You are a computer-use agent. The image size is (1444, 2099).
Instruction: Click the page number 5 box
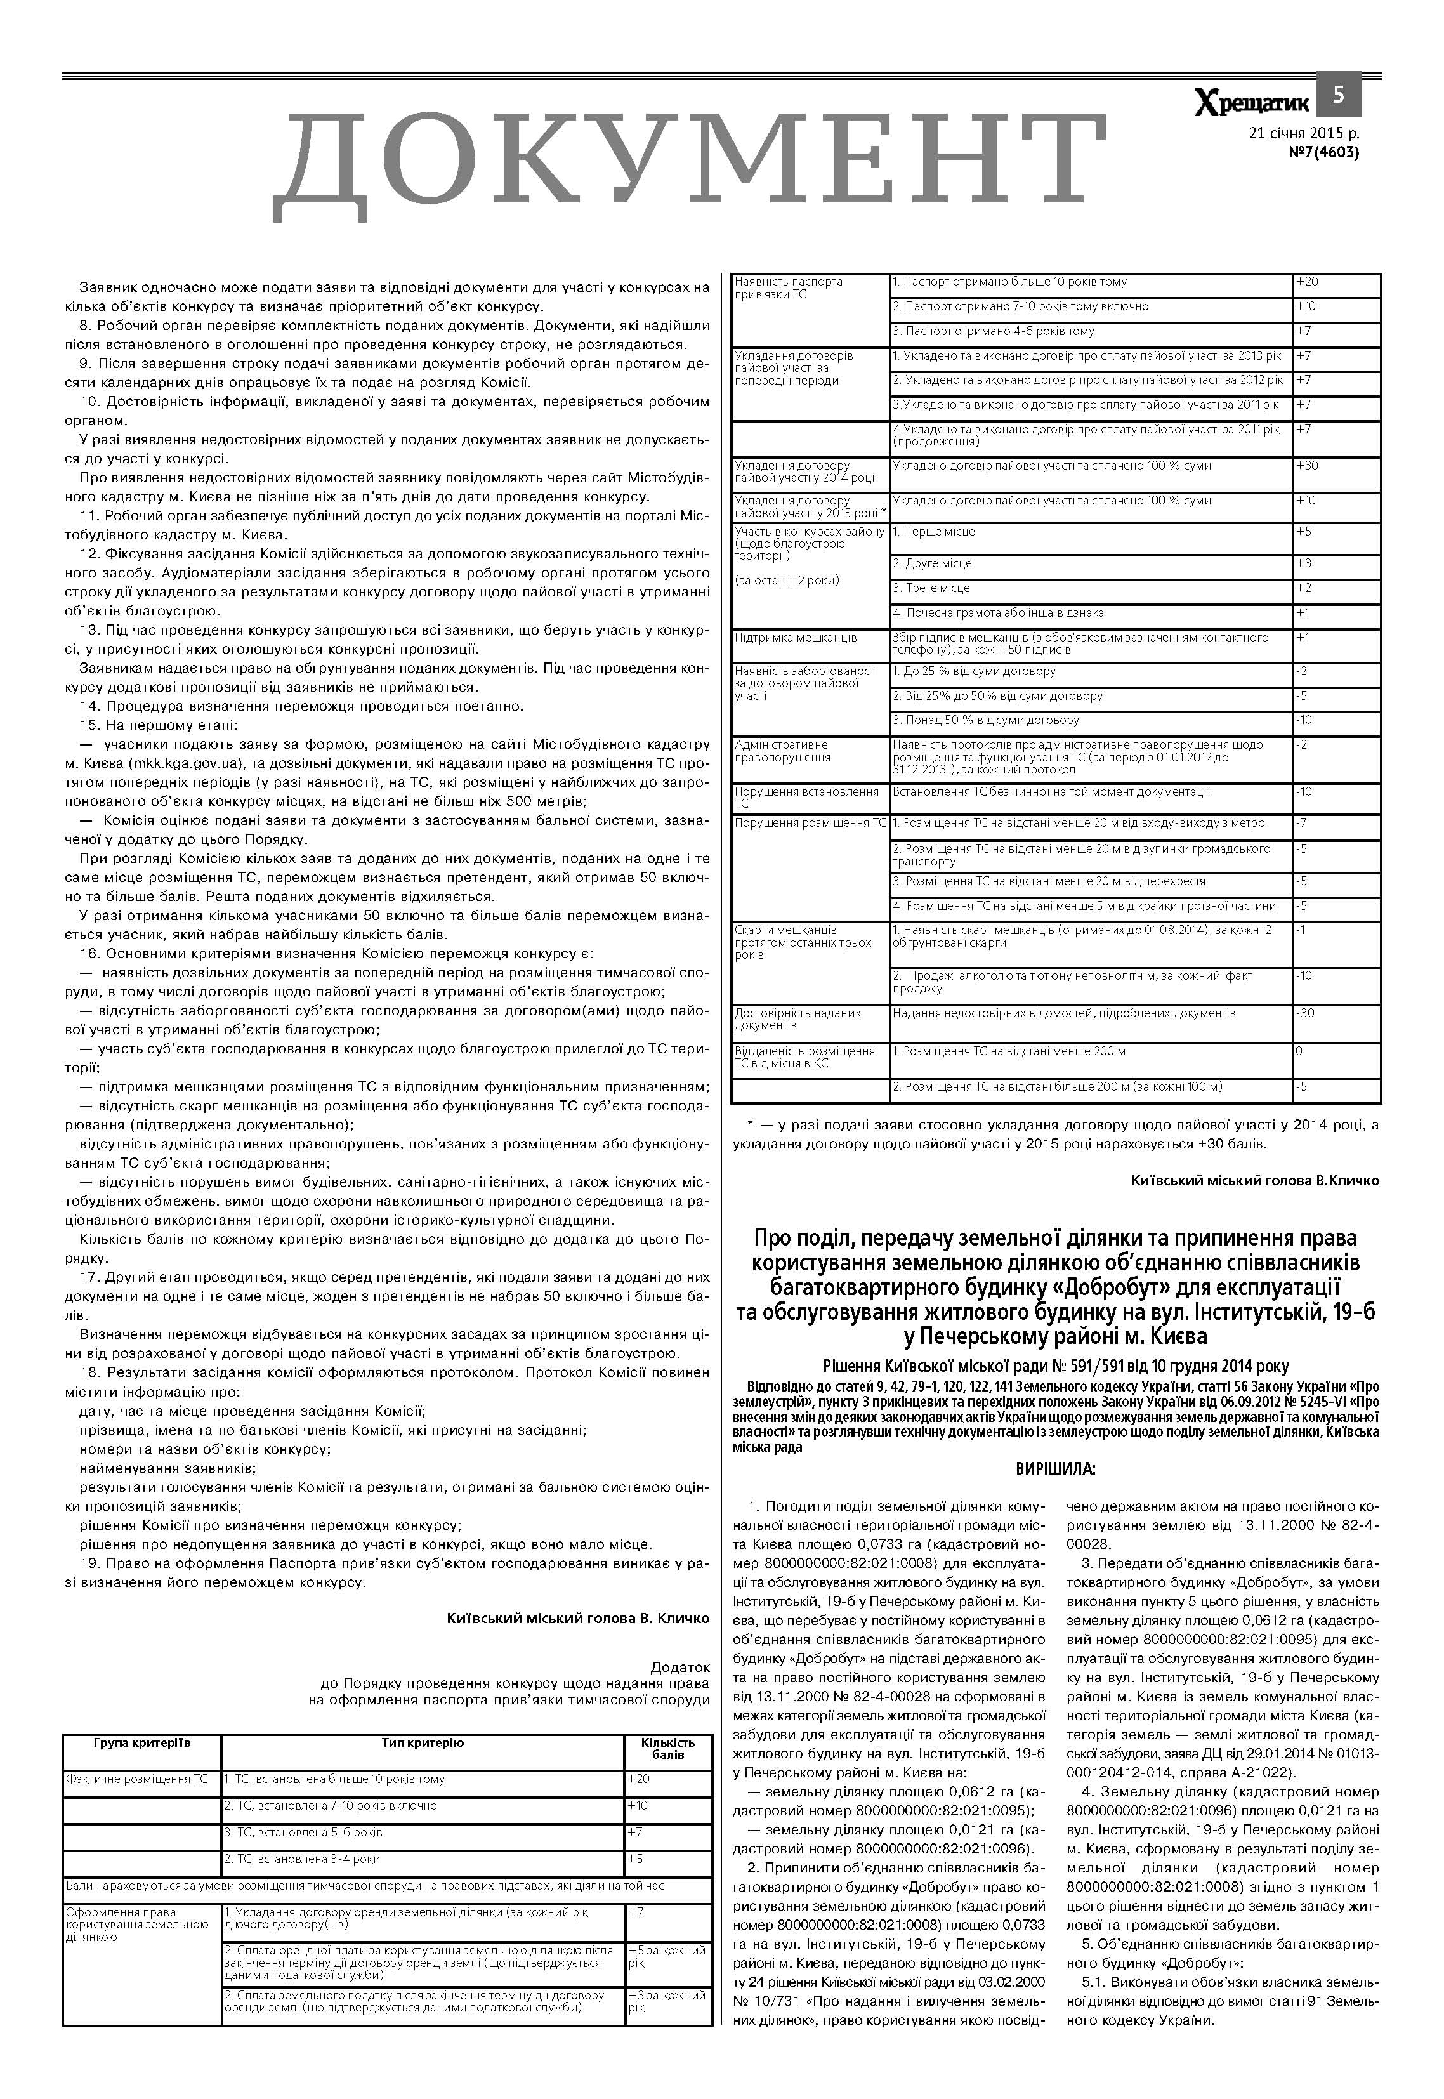[1339, 94]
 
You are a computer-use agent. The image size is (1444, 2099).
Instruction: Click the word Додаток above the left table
[680, 1666]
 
